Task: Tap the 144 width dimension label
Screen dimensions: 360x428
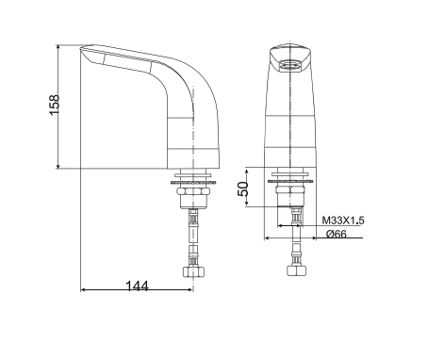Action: [137, 286]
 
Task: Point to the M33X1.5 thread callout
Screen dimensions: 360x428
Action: [342, 220]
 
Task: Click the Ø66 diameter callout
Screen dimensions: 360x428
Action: [337, 234]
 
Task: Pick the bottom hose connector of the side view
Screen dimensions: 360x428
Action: [193, 273]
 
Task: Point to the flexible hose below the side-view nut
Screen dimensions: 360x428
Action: [193, 231]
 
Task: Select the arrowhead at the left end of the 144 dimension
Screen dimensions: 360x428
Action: [83, 288]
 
